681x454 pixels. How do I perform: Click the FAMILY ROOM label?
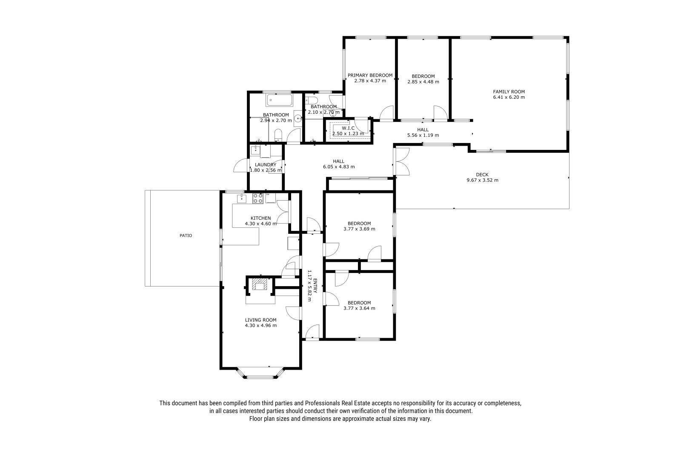509,92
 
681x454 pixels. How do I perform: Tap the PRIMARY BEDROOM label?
370,75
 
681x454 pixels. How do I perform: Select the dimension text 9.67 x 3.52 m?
483,180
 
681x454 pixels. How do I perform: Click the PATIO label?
186,236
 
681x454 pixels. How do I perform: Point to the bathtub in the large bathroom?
279,100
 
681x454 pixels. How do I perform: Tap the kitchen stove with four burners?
258,198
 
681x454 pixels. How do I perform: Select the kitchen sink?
242,198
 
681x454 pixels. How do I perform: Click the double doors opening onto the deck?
401,161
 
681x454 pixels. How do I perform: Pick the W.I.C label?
348,129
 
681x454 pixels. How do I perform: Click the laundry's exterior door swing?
241,166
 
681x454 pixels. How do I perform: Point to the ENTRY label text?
315,286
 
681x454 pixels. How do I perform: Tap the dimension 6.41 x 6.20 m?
509,98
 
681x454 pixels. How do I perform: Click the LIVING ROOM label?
261,320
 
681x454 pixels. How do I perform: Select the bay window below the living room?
261,374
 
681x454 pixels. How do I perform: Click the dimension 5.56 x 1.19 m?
423,135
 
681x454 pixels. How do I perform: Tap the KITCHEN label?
260,218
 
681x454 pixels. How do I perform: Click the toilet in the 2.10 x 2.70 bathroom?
311,100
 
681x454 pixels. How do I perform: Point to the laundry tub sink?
255,150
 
